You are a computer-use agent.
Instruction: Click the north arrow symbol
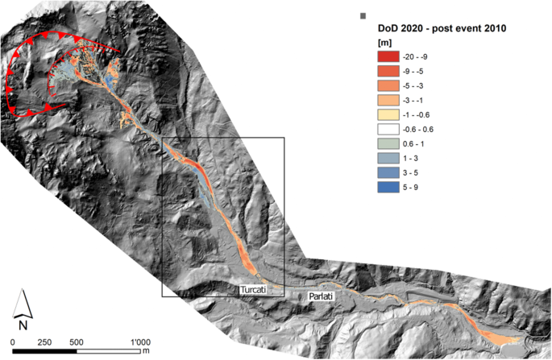click(x=24, y=303)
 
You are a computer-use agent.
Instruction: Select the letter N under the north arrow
click(x=24, y=325)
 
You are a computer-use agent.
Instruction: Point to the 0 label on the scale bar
click(x=14, y=341)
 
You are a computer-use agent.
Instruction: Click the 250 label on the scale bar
click(x=45, y=341)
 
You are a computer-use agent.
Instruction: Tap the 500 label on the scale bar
click(x=77, y=341)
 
